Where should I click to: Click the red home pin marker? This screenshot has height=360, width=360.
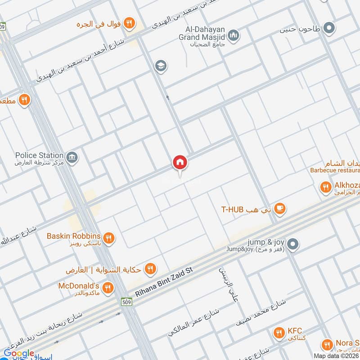point(180,162)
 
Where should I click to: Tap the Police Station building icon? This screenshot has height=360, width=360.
point(72,157)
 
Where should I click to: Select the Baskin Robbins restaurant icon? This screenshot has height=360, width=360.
point(108,238)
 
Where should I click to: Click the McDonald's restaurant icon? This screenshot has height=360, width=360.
point(108,288)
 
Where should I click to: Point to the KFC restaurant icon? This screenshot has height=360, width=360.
point(279,333)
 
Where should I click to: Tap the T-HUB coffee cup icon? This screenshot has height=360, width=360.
point(280,208)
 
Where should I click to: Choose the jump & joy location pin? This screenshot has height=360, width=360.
point(293,244)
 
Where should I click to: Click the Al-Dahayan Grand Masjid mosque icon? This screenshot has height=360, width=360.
point(233,35)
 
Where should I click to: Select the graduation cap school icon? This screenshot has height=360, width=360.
point(160,67)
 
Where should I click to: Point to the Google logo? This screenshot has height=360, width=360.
point(18,353)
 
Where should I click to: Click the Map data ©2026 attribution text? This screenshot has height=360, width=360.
point(336,355)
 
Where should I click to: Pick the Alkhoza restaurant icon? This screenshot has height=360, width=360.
point(325,186)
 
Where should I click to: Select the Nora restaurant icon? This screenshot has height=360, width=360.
point(328,345)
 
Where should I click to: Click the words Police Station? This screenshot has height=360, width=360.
point(39,155)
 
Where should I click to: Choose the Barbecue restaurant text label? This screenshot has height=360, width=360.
point(335,171)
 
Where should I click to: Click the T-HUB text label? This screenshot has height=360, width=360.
point(232,209)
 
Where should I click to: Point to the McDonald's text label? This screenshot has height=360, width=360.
point(79,286)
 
